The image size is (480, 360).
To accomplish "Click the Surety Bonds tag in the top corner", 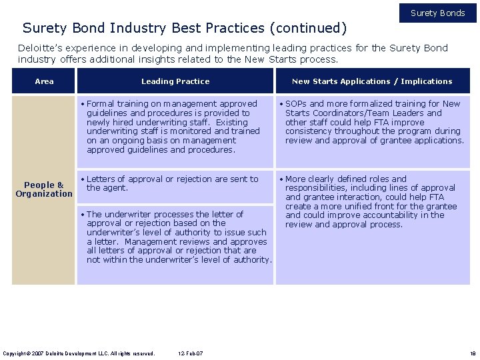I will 437,13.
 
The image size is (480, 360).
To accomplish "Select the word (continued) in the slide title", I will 307,28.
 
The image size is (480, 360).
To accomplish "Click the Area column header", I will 44,81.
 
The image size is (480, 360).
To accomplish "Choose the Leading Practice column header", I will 175,81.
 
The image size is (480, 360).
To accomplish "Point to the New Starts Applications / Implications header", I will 372,81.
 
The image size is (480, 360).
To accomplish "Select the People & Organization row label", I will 44,189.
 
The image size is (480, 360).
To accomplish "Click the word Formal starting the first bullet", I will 101,104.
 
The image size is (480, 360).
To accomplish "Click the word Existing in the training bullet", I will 231,123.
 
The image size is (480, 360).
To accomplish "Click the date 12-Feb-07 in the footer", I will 191,353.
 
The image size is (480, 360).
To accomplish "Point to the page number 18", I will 472,353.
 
